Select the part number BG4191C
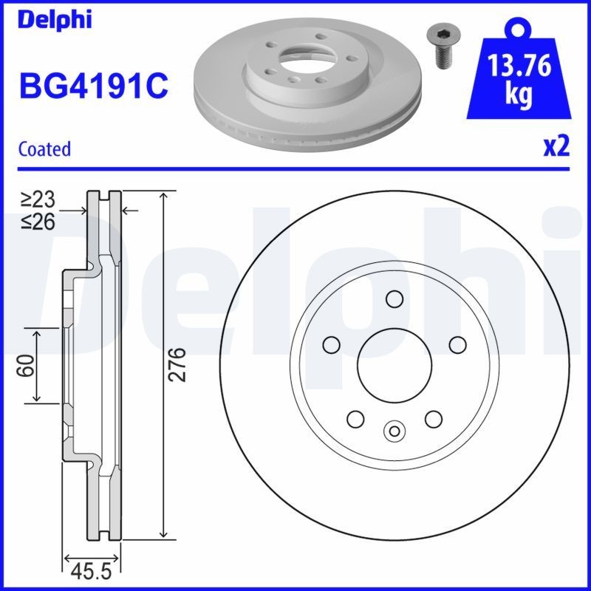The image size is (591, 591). pyautogui.click(x=93, y=86)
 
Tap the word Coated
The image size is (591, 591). pyautogui.click(x=44, y=148)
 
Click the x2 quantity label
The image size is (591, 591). pyautogui.click(x=557, y=146)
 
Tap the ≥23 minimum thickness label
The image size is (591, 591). pyautogui.click(x=38, y=199)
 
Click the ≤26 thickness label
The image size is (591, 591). pyautogui.click(x=38, y=220)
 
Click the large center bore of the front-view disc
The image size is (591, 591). pyautogui.click(x=394, y=362)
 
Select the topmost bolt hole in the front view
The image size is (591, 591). pyautogui.click(x=394, y=299)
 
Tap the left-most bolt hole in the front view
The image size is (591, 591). pyautogui.click(x=332, y=344)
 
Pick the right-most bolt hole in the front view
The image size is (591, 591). pyautogui.click(x=457, y=344)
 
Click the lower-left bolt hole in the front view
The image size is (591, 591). pyautogui.click(x=355, y=419)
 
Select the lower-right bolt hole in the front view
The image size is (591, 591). pyautogui.click(x=433, y=419)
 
